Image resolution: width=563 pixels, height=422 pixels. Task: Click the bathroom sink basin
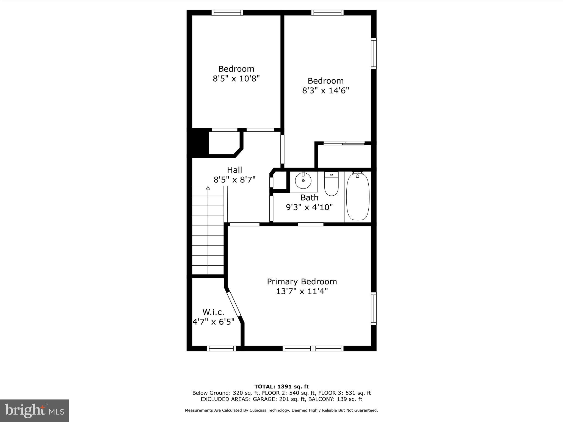tap(303, 181)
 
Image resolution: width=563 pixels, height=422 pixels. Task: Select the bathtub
tap(357, 196)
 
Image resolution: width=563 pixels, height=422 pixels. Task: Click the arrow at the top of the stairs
tap(208, 188)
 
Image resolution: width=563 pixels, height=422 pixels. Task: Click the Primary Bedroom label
tap(302, 282)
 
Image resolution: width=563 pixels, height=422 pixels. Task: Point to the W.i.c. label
tap(213, 312)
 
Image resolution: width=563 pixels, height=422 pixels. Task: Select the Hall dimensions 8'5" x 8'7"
tap(234, 180)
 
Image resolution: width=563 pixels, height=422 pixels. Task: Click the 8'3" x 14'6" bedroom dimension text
tap(325, 91)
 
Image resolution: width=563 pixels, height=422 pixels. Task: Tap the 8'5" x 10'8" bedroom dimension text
tap(236, 79)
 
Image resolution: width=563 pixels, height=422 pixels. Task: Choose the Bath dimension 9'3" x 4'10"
tap(309, 207)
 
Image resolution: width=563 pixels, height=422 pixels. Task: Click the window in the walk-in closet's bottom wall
tap(221, 348)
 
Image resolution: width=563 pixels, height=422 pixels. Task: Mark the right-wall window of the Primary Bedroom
tap(374, 308)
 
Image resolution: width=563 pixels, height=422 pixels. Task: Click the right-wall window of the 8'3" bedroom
tap(374, 54)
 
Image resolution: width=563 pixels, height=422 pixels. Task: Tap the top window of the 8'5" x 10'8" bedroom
tap(227, 13)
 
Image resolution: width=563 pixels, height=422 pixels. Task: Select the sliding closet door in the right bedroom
tap(344, 143)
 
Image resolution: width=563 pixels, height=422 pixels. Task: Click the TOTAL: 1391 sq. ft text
tap(281, 387)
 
